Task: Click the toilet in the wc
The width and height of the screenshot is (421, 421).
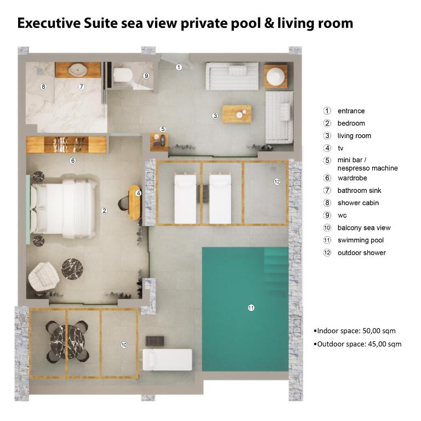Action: (x=122, y=75)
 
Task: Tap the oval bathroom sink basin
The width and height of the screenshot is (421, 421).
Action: (x=78, y=70)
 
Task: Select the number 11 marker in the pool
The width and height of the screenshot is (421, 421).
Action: (x=251, y=308)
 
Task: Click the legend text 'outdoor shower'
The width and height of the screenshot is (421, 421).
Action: (x=361, y=253)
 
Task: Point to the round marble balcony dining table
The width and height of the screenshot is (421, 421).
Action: (x=67, y=342)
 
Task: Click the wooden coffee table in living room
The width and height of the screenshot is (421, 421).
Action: (x=237, y=114)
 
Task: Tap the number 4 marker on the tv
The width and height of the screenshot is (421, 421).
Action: (x=138, y=193)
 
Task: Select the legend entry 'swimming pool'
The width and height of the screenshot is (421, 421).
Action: (x=360, y=240)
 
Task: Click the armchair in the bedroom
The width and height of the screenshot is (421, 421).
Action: (x=44, y=276)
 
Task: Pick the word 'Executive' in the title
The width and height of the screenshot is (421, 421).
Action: (x=49, y=23)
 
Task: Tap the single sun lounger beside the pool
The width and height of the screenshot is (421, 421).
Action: (x=167, y=360)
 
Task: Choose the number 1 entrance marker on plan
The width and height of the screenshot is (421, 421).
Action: (x=179, y=67)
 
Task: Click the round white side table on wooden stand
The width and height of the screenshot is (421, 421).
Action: (x=276, y=76)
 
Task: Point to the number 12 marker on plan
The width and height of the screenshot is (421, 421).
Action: (x=277, y=181)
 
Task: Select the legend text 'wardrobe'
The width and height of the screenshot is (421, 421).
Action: (x=352, y=178)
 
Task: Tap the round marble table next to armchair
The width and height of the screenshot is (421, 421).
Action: (x=72, y=269)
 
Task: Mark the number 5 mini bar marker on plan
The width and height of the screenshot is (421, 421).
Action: (x=162, y=129)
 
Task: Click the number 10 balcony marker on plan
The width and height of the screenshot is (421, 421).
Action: (x=124, y=345)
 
